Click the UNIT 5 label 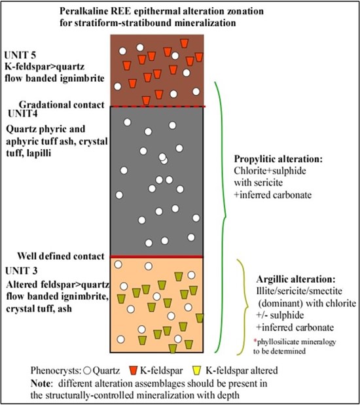[x=20, y=55]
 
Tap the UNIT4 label [x=23, y=114]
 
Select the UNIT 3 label [x=22, y=271]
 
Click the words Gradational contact [x=62, y=105]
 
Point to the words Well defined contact [x=61, y=256]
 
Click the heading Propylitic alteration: [x=278, y=159]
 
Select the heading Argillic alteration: [x=296, y=279]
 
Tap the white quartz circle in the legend [x=88, y=371]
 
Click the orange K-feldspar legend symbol [x=133, y=370]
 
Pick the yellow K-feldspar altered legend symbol [x=197, y=370]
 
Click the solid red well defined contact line [x=156, y=256]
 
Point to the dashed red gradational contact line [x=158, y=106]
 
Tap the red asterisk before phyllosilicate [x=255, y=341]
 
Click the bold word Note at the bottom [x=40, y=383]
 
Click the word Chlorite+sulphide [x=270, y=171]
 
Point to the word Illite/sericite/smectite [x=299, y=291]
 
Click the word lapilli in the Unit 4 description [x=39, y=153]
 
